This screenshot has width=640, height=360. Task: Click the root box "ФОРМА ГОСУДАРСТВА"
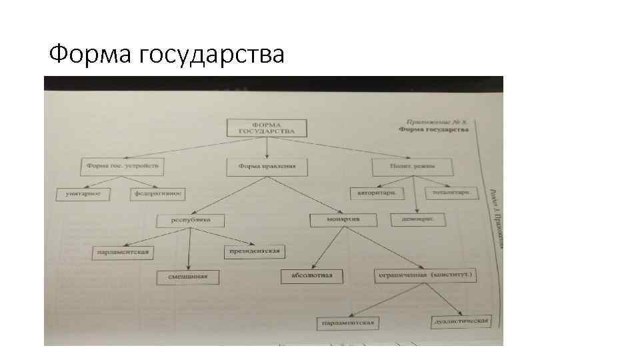267,128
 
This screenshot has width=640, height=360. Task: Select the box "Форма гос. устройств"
124,164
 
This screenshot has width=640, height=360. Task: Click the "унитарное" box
83,193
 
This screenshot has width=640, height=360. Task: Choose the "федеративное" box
158,194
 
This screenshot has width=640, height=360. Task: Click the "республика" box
190,219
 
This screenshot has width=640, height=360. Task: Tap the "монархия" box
343,219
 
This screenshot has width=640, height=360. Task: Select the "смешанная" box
188,277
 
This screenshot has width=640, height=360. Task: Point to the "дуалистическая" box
461,321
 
